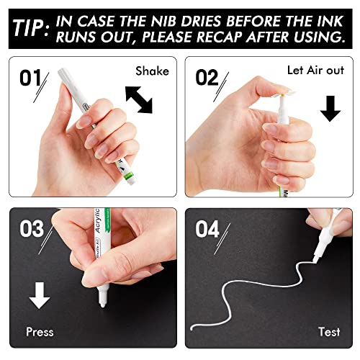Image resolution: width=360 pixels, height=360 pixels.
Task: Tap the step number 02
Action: point(207,78)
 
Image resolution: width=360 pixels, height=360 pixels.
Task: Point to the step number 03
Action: point(32,229)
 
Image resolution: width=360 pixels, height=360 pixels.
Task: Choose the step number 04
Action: point(207,229)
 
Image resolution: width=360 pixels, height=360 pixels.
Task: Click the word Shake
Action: point(152,71)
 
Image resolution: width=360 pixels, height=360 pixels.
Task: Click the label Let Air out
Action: point(315,71)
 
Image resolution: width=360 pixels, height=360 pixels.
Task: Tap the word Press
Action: point(40,332)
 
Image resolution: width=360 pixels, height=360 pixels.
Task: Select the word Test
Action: point(329,332)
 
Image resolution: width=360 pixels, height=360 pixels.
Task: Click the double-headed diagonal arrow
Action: point(139,100)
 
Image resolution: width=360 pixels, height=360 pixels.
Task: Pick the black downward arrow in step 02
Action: point(330,109)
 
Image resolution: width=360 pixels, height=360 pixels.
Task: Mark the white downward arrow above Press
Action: point(40,295)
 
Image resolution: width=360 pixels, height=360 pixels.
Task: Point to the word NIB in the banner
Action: point(164,21)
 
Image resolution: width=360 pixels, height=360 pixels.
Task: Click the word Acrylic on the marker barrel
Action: point(97,220)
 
